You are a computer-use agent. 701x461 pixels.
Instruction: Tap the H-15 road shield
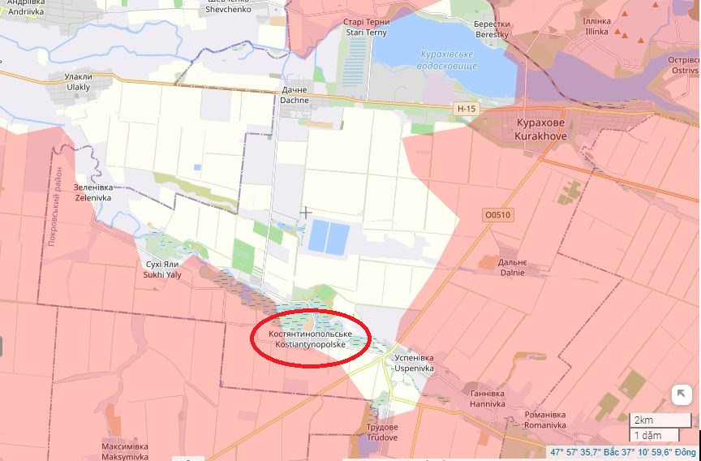(x=466, y=108)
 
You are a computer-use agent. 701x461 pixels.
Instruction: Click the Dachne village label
(x=295, y=95)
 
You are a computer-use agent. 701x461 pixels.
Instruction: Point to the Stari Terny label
(x=367, y=28)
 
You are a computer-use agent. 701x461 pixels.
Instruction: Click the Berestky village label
(x=492, y=29)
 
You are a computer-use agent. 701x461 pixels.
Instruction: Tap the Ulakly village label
(x=79, y=82)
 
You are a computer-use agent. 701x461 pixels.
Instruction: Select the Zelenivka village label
(x=93, y=192)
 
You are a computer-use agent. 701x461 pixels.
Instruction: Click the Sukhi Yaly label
(x=163, y=269)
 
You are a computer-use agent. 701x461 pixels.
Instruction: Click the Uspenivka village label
(x=414, y=363)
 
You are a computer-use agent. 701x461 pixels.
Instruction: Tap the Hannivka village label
(x=488, y=399)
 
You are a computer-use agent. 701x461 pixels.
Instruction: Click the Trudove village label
(x=381, y=433)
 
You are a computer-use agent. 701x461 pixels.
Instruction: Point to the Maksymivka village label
(x=125, y=451)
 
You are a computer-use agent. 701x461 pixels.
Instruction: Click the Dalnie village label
(x=512, y=268)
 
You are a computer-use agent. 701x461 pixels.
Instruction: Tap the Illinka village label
(x=596, y=26)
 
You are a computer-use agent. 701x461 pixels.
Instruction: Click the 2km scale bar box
(x=656, y=420)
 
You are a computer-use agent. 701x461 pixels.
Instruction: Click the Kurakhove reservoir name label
(x=449, y=60)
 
